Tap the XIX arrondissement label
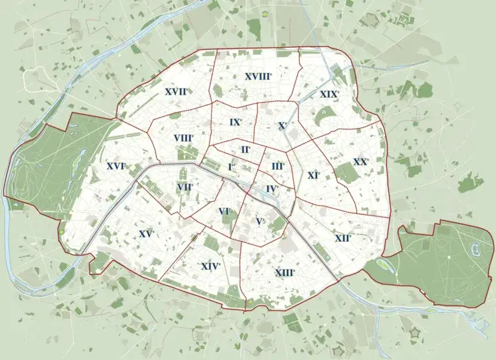point(329,94)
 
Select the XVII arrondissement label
point(176,92)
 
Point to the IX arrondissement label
point(235,122)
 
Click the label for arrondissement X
point(282,125)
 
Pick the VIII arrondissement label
point(183,138)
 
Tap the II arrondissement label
point(245,149)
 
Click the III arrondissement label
point(278,166)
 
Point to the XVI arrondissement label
point(116,166)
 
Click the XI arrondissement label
point(314,175)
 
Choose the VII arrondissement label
point(185,187)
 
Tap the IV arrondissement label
point(272,189)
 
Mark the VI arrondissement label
point(225,211)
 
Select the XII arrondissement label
point(343,238)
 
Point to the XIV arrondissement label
point(211,266)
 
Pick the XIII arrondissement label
point(285,273)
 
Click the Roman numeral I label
point(231,167)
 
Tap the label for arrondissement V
point(260,222)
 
